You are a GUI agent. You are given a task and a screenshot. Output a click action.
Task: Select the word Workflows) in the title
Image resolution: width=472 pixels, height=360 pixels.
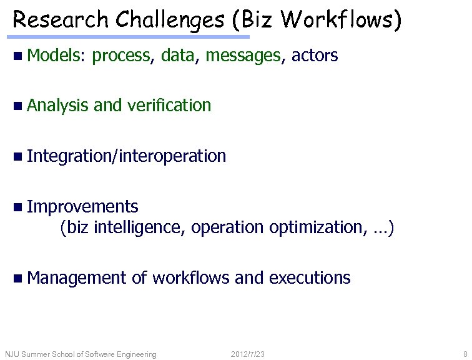341,20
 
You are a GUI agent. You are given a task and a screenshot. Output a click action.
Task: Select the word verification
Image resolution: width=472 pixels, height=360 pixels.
169,106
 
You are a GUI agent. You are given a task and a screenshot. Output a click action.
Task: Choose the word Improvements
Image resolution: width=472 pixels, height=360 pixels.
82,206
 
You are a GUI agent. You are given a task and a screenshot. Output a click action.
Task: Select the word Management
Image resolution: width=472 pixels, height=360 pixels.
77,277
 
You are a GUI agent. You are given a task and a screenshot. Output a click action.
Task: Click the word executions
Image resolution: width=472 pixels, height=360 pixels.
310,277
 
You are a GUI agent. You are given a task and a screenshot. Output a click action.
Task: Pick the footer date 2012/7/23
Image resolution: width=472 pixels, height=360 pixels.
247,355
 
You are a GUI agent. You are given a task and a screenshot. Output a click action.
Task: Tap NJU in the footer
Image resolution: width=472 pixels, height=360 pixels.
12,355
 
